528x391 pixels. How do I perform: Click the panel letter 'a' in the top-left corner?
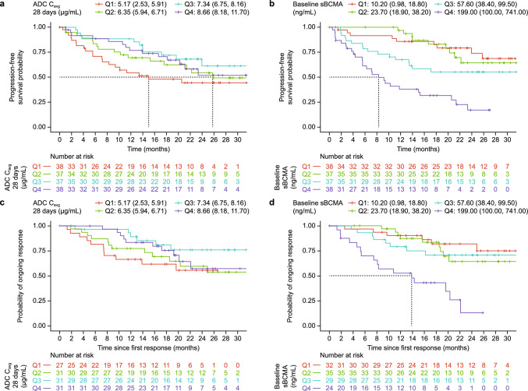[x=4, y=6]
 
